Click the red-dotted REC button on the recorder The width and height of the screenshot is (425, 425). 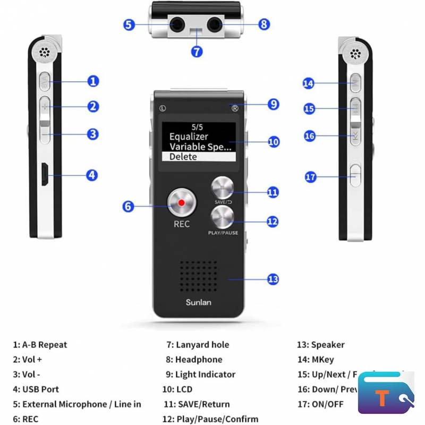click(181, 202)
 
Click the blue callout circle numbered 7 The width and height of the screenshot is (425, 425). click(197, 52)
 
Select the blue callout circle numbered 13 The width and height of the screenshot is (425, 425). click(273, 279)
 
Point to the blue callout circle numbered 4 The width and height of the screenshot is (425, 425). click(92, 175)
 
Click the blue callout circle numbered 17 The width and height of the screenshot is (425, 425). click(311, 177)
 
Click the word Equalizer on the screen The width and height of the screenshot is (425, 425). click(189, 137)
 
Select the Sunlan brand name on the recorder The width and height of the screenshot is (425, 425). click(198, 302)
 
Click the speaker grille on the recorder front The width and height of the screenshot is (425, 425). click(198, 274)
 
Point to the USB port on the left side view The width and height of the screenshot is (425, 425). click(45, 175)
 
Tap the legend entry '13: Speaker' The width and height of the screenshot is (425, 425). click(320, 345)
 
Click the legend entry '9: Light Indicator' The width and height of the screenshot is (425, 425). click(205, 375)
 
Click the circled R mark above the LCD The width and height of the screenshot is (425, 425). click(235, 108)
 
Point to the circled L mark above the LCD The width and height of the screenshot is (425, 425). click(162, 108)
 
